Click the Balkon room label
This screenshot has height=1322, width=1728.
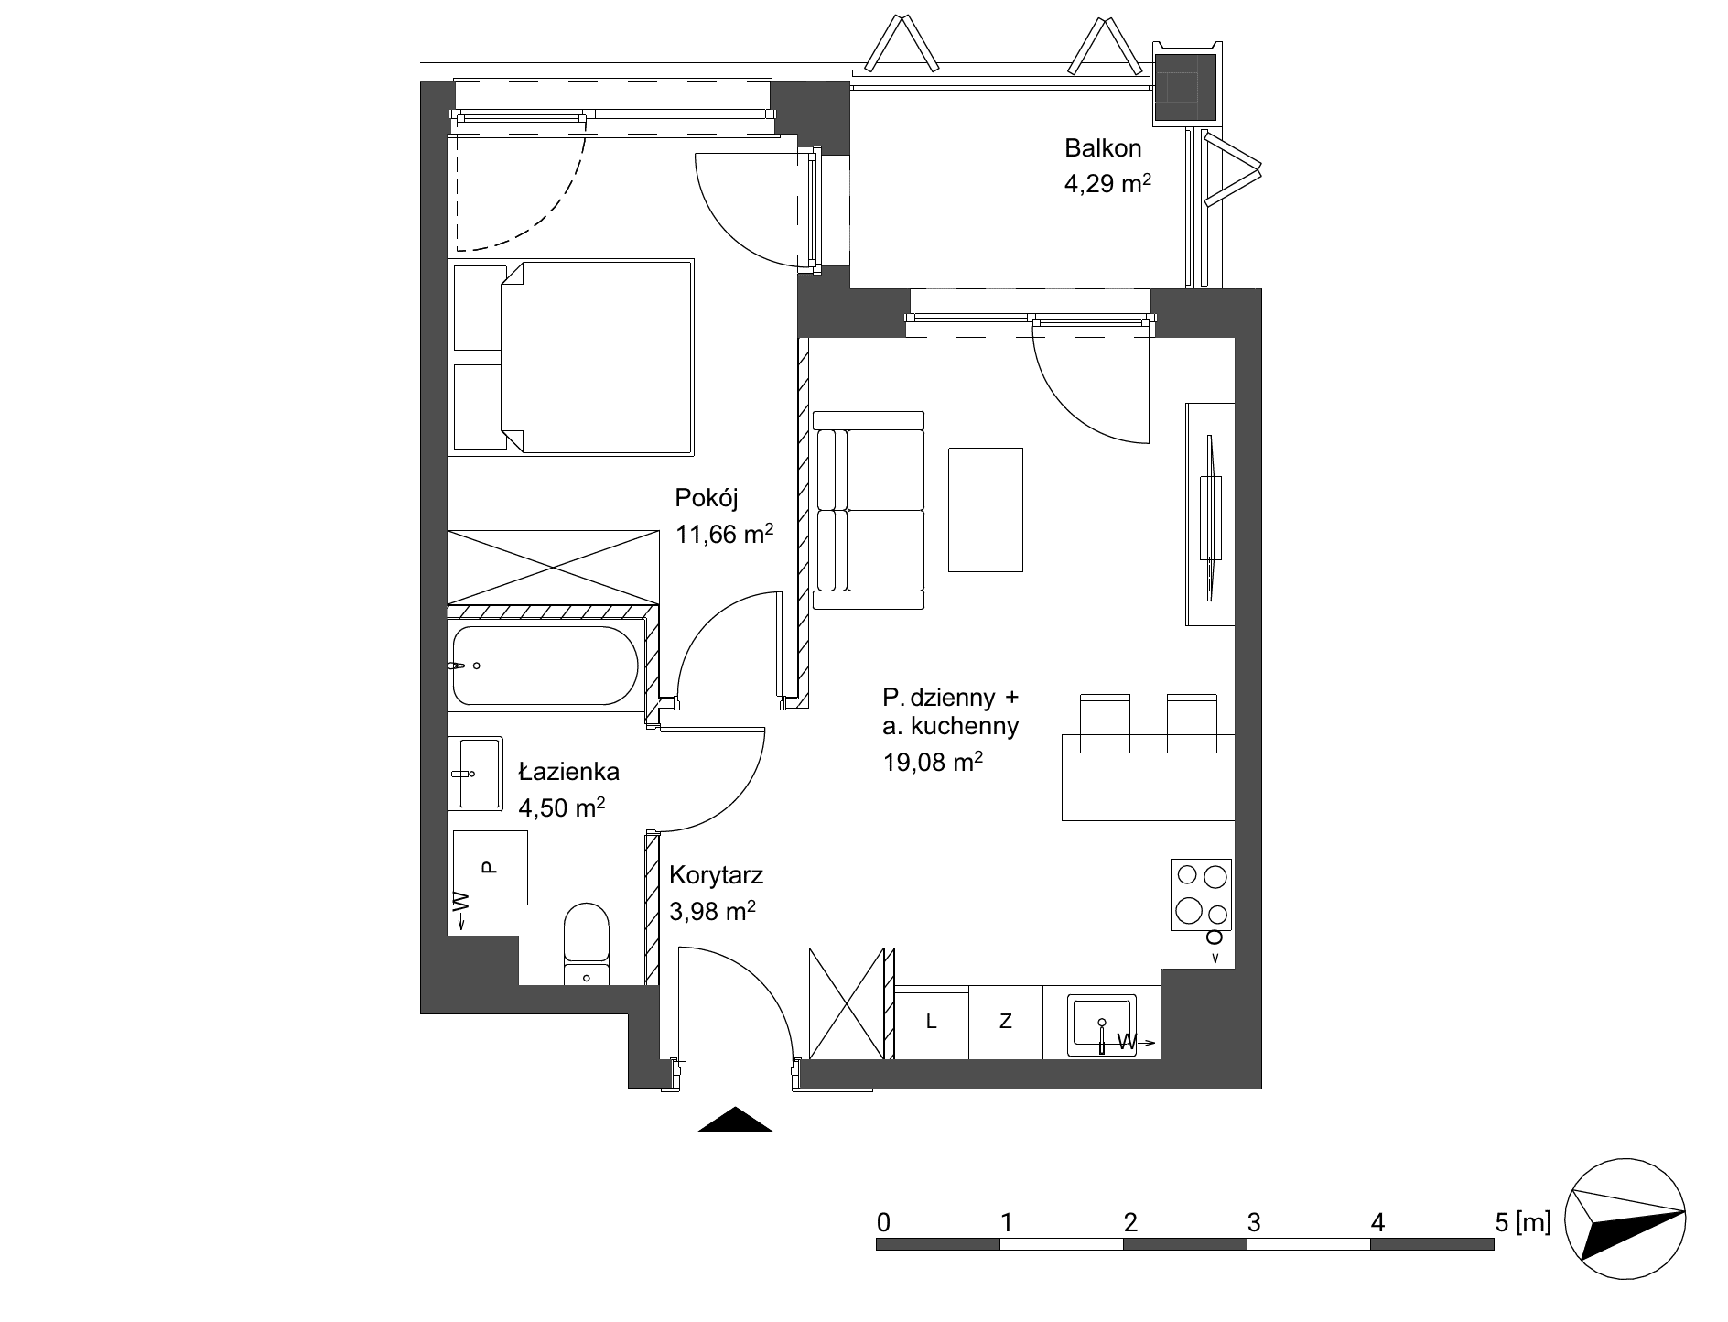[1102, 147]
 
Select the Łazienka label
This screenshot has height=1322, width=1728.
[568, 772]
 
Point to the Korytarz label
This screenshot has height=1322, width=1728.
[716, 875]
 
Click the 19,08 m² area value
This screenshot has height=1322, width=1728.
[933, 762]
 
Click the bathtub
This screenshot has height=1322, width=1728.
[545, 666]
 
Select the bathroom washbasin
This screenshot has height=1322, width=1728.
[475, 774]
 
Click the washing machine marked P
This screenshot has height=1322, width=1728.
[490, 867]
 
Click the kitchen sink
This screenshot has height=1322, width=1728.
[1102, 1025]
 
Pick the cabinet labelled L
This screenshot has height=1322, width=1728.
[932, 1023]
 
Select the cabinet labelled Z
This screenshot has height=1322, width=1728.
[1005, 1023]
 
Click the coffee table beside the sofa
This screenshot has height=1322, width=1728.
[986, 510]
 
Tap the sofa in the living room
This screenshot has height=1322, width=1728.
[869, 510]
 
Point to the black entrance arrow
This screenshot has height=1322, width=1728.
[735, 1120]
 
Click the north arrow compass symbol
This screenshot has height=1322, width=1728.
[1625, 1222]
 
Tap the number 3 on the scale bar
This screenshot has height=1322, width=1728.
[1254, 1221]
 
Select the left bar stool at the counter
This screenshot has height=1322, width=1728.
[1106, 723]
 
